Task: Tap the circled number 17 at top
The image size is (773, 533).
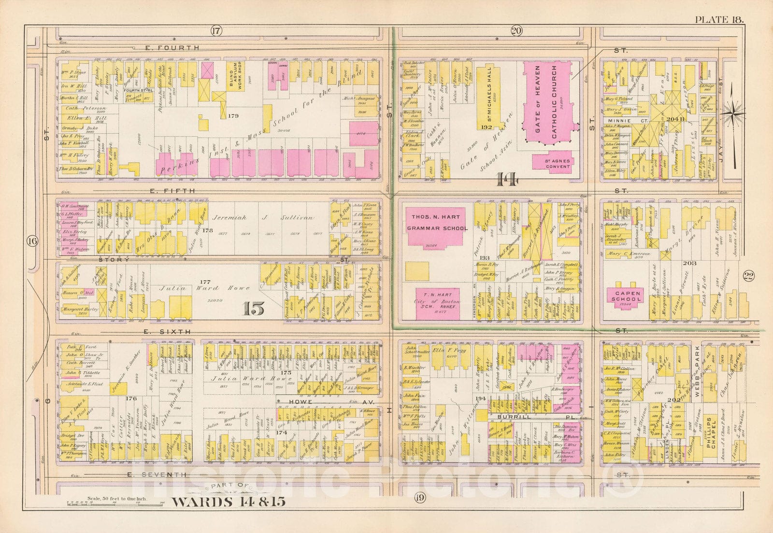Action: (215, 31)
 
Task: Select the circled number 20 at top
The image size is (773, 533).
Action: (515, 31)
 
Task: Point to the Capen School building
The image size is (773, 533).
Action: (628, 296)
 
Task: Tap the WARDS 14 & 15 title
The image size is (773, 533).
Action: (229, 501)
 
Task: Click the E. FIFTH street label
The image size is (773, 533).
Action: (172, 191)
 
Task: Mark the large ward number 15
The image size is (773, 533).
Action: (254, 309)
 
